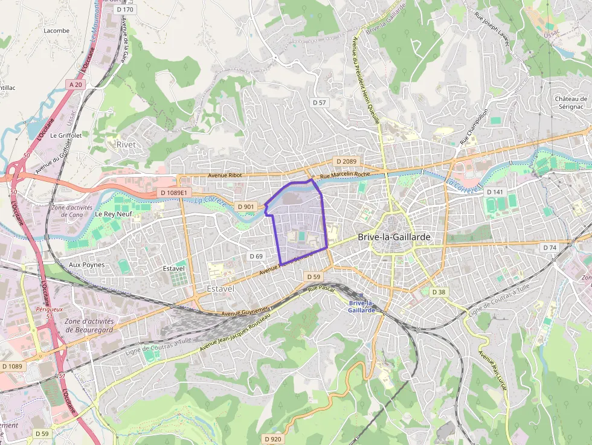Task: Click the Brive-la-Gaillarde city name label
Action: pos(394,237)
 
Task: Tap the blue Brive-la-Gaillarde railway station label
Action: pos(362,306)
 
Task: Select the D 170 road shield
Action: pos(126,10)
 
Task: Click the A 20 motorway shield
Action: pos(76,85)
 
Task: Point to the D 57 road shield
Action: pos(319,103)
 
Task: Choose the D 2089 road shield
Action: pos(346,161)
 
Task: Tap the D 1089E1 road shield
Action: pos(176,193)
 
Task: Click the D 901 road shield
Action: pos(246,206)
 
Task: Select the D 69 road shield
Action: pos(256,256)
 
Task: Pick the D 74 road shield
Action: pos(549,248)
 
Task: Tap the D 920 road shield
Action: pos(273,438)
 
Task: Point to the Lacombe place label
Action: pos(57,30)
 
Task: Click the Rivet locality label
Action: pos(126,144)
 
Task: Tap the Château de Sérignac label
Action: pos(571,102)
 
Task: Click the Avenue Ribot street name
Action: pos(225,176)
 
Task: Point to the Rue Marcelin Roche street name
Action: pos(345,175)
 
